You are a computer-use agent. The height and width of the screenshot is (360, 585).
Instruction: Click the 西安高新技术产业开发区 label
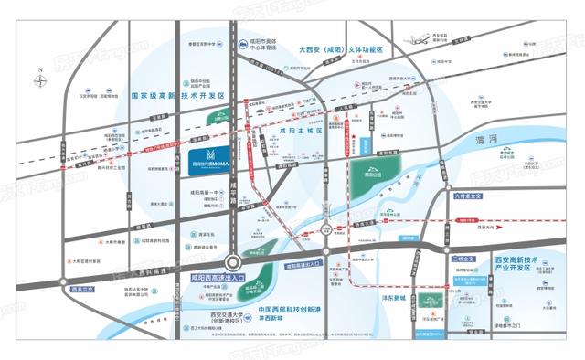(528, 264)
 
